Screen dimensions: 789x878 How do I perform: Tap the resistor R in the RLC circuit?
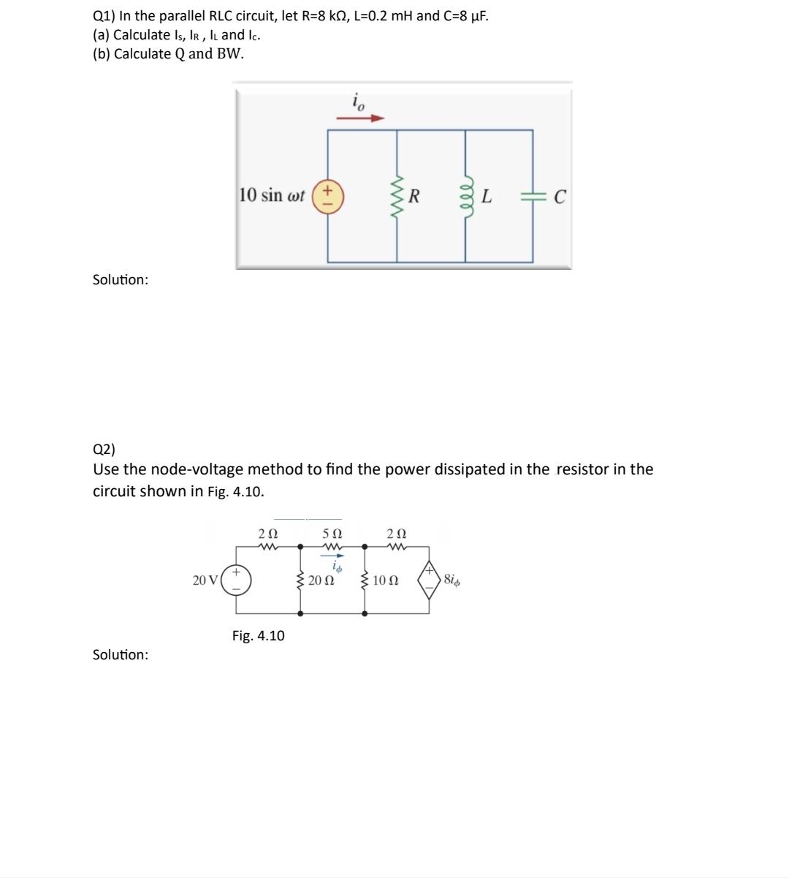coord(397,196)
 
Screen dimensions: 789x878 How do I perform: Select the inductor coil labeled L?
coord(465,196)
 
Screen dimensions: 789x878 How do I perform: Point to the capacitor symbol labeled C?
coord(532,196)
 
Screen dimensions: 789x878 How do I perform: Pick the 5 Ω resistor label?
coord(332,534)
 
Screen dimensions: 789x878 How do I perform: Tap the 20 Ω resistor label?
coord(321,581)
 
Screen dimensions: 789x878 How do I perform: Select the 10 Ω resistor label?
coord(385,581)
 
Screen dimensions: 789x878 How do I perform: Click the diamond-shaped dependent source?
coord(429,580)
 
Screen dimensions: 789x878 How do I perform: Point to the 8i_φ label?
coord(451,580)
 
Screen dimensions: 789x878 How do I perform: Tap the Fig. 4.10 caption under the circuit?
coord(259,635)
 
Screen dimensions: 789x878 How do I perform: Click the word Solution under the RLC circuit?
coord(121,280)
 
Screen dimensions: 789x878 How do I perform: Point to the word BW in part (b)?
coord(229,54)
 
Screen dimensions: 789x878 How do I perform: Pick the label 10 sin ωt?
coord(272,195)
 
